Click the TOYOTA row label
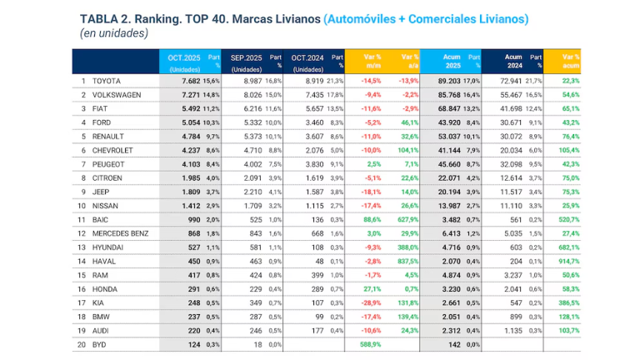point(108,82)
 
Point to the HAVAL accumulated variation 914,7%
point(567,260)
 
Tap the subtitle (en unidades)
point(114,33)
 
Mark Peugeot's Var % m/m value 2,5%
point(372,164)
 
